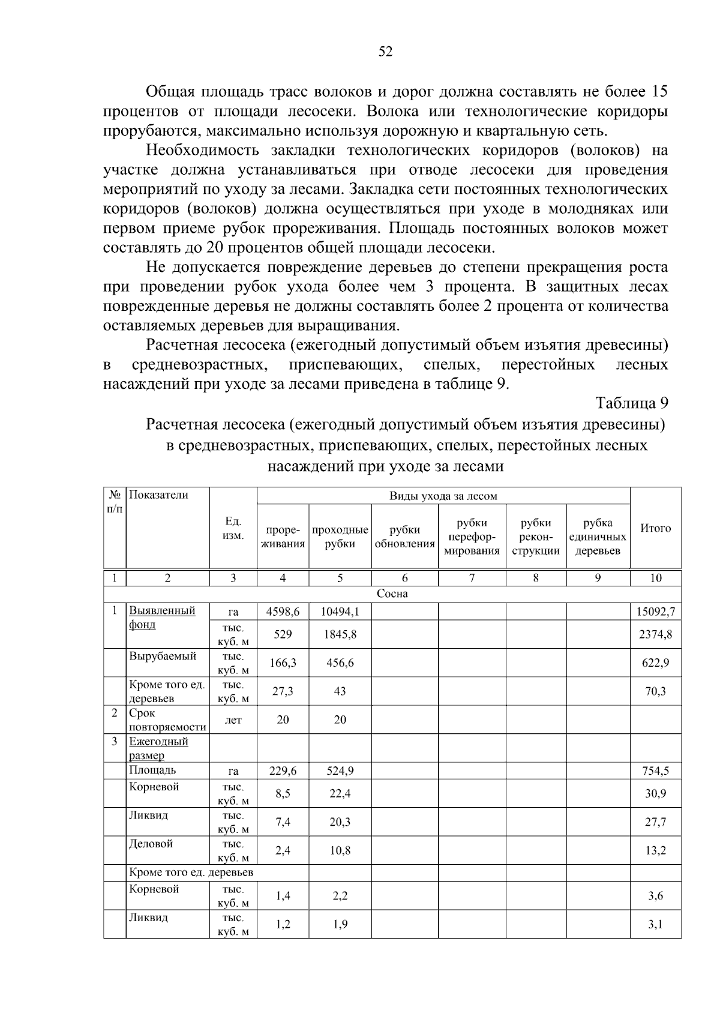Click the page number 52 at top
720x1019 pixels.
(385, 52)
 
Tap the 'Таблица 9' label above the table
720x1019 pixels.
(632, 402)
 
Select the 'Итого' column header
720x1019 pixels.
(655, 529)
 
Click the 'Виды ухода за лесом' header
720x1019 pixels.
(443, 496)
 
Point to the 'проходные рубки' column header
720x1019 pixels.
(340, 537)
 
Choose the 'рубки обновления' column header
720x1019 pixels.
(404, 537)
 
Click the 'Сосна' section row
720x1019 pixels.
(392, 594)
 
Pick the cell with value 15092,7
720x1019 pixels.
(655, 612)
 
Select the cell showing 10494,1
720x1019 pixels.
(340, 612)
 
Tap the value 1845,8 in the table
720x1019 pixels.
(340, 634)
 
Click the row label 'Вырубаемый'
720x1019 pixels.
(163, 656)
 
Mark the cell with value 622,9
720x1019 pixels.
(655, 663)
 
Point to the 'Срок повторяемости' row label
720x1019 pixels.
(167, 720)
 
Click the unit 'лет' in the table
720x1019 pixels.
(233, 720)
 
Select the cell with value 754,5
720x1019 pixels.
(655, 771)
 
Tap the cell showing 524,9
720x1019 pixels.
(340, 771)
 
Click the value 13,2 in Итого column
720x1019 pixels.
(655, 850)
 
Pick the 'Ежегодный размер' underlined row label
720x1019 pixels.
(158, 748)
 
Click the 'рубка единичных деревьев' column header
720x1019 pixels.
(598, 537)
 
